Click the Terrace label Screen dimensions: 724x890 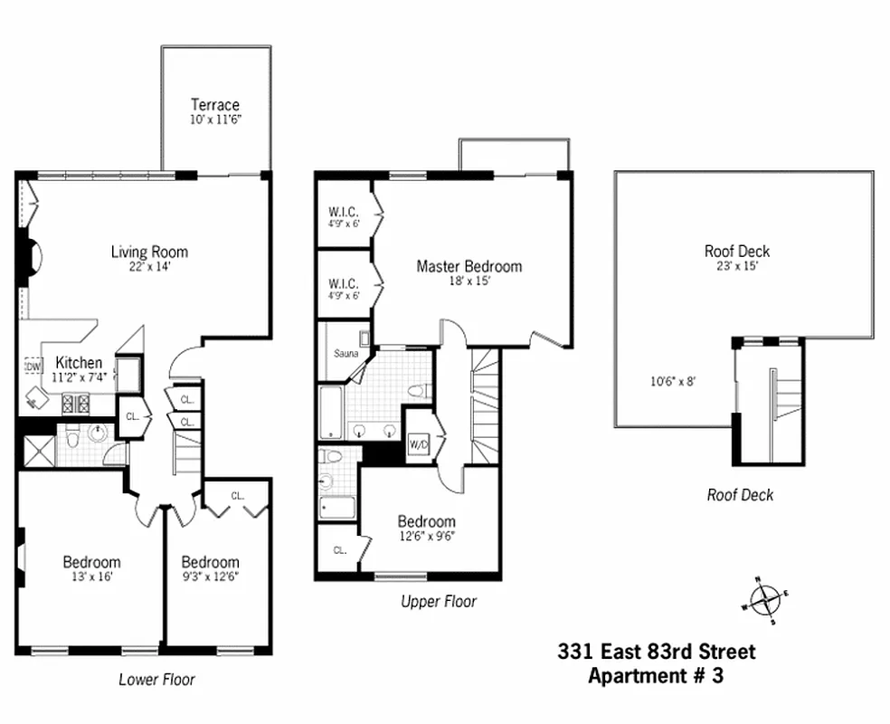(x=215, y=105)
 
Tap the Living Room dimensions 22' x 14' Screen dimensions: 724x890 (x=149, y=267)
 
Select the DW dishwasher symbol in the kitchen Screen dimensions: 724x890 (x=33, y=367)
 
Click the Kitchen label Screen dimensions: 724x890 (x=72, y=362)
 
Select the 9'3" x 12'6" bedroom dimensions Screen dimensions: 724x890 (x=210, y=576)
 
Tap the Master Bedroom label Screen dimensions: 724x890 (x=469, y=266)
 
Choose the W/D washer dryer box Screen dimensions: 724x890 (x=418, y=444)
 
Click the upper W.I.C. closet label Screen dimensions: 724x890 (x=344, y=213)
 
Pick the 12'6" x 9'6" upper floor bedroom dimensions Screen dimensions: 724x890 (x=426, y=536)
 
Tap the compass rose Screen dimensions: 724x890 (x=765, y=598)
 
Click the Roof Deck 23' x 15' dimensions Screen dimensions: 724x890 (x=737, y=267)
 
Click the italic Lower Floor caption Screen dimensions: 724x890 (x=156, y=680)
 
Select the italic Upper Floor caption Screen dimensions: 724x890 (x=438, y=602)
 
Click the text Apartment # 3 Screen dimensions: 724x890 (x=656, y=675)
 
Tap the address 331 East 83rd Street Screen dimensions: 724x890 (x=656, y=652)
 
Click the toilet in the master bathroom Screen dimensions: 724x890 (x=417, y=392)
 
